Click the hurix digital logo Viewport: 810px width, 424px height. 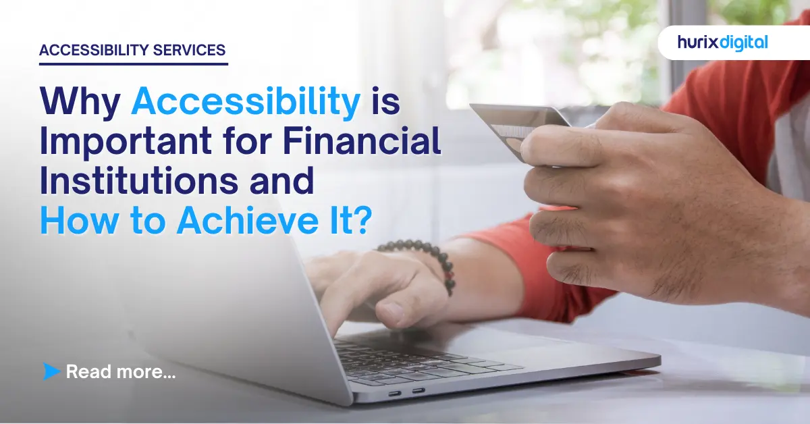(x=722, y=43)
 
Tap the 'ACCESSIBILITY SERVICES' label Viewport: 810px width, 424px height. (x=133, y=51)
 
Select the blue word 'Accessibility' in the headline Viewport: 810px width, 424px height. (x=246, y=103)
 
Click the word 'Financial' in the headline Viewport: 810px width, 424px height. (x=361, y=143)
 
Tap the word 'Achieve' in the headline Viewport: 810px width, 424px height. (x=240, y=222)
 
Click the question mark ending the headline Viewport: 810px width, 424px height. (x=361, y=222)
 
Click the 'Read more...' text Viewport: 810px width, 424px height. (x=121, y=371)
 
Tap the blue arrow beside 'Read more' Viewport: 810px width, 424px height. (x=51, y=371)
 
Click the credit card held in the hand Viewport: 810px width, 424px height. (x=513, y=125)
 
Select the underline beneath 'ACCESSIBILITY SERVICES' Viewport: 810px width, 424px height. (x=133, y=64)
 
